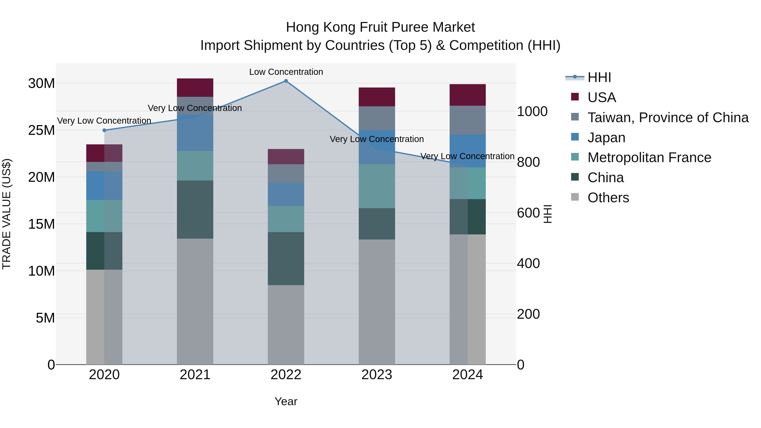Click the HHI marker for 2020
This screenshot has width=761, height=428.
pos(104,130)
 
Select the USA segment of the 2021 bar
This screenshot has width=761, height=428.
pos(195,88)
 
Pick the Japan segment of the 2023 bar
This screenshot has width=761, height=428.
pos(377,147)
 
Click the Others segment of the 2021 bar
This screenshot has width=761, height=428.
pos(195,301)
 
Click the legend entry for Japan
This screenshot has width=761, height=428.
pos(606,138)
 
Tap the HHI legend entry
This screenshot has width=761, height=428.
pos(599,77)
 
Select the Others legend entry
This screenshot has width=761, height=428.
pos(608,198)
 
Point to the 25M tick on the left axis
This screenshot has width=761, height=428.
pos(41,130)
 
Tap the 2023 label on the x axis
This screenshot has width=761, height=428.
pos(377,375)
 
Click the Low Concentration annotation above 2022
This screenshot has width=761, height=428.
pos(286,72)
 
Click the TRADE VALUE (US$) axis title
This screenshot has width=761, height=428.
pos(7,214)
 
